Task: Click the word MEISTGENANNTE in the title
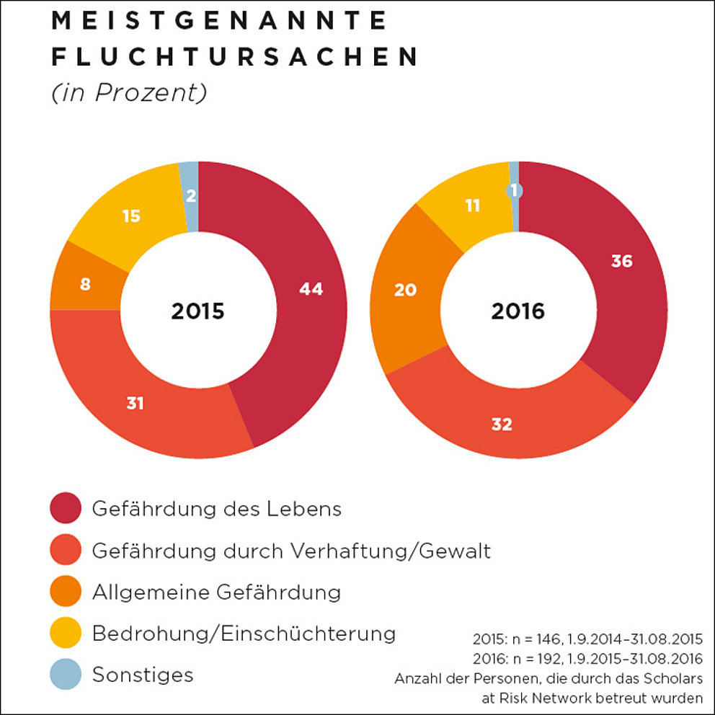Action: coord(220,22)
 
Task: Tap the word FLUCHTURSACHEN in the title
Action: coord(235,57)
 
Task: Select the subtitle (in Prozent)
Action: coord(129,93)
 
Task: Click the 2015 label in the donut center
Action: coord(197,311)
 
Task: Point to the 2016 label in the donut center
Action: coord(518,311)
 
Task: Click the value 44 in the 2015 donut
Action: coord(311,289)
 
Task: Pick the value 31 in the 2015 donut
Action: coord(136,404)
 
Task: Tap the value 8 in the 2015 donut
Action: coord(85,284)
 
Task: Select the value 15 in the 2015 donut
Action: coord(131,215)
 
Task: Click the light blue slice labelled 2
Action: coord(190,197)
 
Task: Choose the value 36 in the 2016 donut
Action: coord(621,261)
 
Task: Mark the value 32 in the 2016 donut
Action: coord(502,425)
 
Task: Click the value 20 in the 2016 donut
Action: coord(406,290)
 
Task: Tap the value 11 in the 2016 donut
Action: coord(473,205)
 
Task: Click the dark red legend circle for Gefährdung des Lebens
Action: coord(66,509)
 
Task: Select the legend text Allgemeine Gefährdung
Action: coord(216,592)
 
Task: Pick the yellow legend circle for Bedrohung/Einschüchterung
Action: coord(66,634)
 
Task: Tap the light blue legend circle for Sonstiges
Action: coord(66,675)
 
